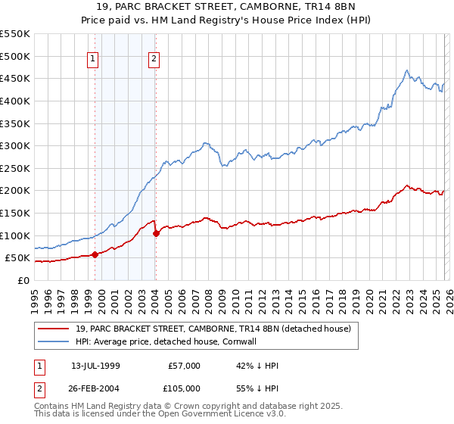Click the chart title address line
click(226, 7)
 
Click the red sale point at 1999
click(95, 255)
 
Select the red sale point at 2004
click(156, 233)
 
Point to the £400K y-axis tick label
click(14, 101)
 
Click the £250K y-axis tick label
click(14, 168)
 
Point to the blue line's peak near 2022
click(406, 71)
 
